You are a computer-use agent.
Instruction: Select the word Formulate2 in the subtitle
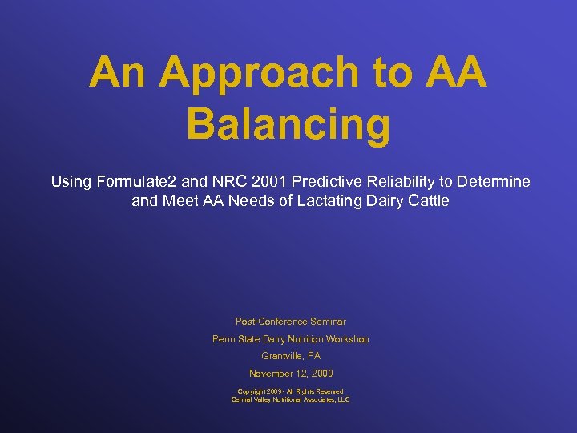[134, 182]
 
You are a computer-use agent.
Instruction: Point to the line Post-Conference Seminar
[290, 322]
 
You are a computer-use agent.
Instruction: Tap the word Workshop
[346, 339]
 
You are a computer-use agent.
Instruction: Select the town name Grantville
[281, 356]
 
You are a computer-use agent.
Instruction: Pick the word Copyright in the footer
[253, 391]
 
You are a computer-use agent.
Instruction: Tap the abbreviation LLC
[343, 399]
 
